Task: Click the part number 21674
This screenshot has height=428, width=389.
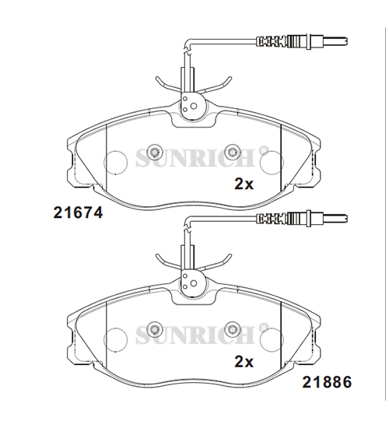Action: click(78, 212)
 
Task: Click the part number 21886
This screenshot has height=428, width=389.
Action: click(327, 381)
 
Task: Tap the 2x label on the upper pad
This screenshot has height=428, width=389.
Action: click(244, 184)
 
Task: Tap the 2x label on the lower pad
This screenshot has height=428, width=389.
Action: click(244, 362)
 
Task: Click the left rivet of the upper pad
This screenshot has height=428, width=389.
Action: click(154, 151)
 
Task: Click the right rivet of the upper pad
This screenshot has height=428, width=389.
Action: click(233, 151)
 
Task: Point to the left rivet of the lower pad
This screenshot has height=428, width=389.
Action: click(154, 328)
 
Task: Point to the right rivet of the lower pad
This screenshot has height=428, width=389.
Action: click(233, 328)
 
